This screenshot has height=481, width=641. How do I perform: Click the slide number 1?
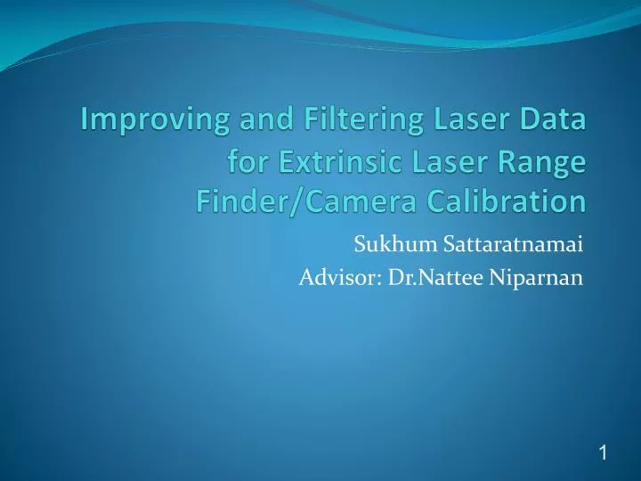tap(603, 429)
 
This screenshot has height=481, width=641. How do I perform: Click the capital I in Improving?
tap(87, 119)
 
